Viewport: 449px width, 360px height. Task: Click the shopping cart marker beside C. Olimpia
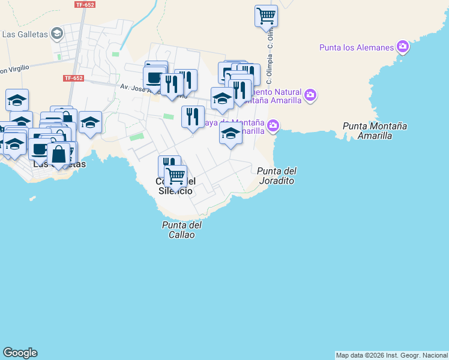[x=266, y=16]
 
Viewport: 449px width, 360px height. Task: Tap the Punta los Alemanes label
[x=357, y=47]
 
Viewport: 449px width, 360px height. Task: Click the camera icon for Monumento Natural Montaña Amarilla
[x=310, y=95]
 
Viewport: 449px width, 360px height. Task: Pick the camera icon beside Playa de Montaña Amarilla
[x=273, y=125]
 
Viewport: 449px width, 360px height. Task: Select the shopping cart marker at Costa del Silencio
[x=175, y=176]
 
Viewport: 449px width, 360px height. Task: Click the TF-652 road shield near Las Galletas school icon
[x=85, y=5]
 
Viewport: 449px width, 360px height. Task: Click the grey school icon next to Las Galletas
[x=57, y=33]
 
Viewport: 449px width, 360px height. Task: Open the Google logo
[x=20, y=353]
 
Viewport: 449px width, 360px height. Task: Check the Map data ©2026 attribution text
[x=391, y=355]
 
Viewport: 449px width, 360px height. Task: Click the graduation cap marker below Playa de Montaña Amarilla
[x=231, y=134]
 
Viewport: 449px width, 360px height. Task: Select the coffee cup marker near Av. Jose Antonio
[x=154, y=78]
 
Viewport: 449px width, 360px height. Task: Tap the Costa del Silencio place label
[x=175, y=186]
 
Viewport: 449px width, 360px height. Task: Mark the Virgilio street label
[x=13, y=70]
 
